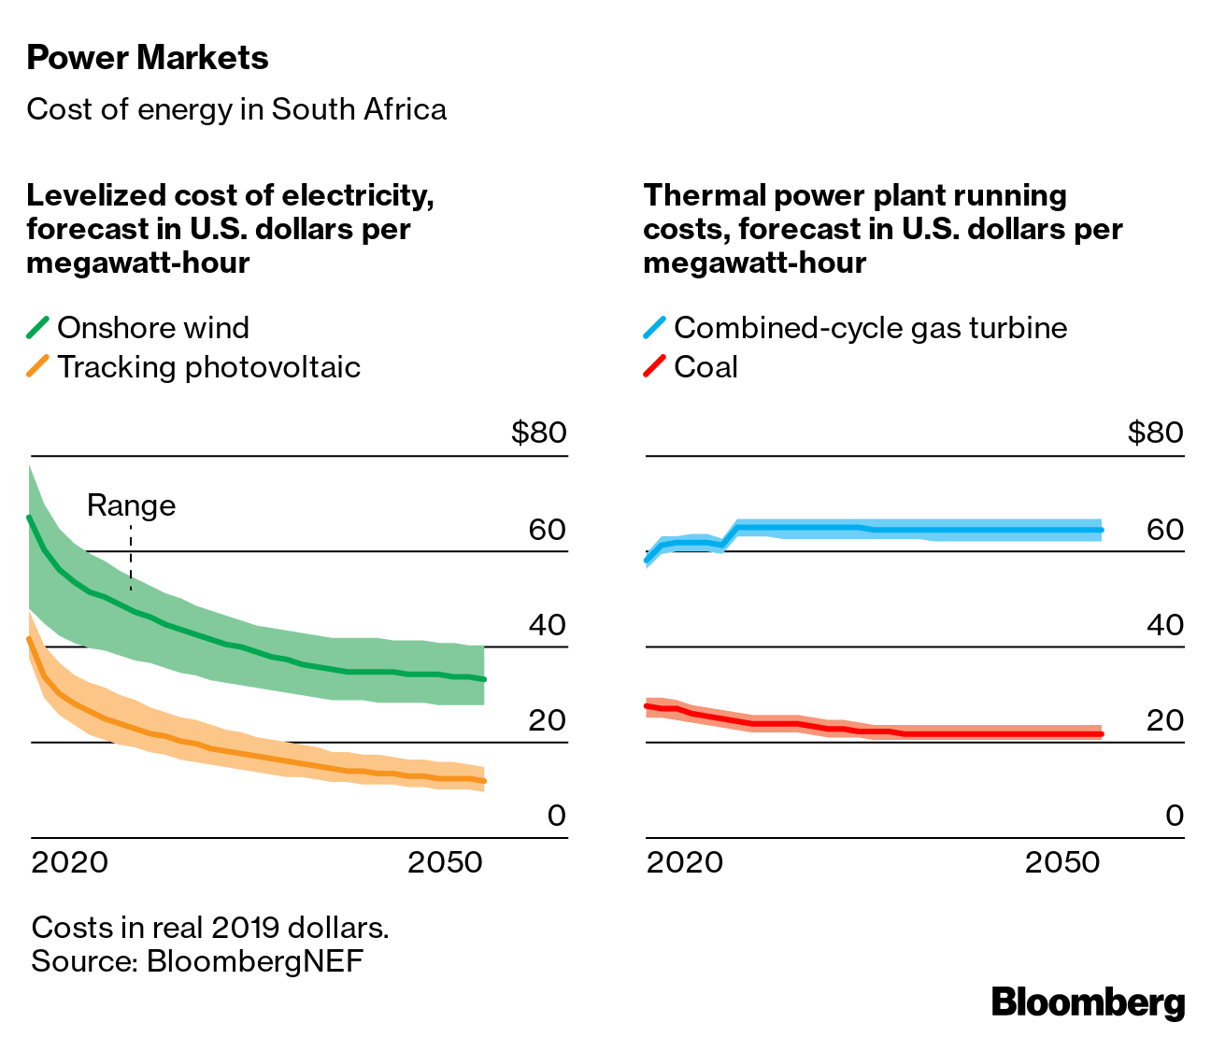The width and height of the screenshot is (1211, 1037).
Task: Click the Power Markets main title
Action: click(148, 58)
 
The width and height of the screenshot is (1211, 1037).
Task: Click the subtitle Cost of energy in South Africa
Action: click(236, 109)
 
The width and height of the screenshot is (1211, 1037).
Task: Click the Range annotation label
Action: click(131, 505)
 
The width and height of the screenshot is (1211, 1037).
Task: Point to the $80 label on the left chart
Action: click(538, 433)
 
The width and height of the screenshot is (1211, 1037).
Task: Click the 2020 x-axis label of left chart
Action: click(70, 861)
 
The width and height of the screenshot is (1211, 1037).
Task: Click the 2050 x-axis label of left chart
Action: click(445, 861)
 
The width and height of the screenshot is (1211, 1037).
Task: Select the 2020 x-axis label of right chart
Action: click(685, 861)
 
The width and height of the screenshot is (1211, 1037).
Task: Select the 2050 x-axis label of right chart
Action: click(1062, 861)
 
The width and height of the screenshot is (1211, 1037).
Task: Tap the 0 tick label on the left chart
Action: click(556, 816)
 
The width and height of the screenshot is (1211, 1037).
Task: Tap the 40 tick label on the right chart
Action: click(1165, 625)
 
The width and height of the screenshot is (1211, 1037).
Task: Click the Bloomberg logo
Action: click(1088, 1002)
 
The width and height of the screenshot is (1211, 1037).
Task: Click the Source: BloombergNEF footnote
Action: click(197, 961)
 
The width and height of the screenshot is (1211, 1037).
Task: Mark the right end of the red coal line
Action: click(1102, 734)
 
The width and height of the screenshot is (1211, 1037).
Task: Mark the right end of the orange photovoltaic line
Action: click(483, 781)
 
